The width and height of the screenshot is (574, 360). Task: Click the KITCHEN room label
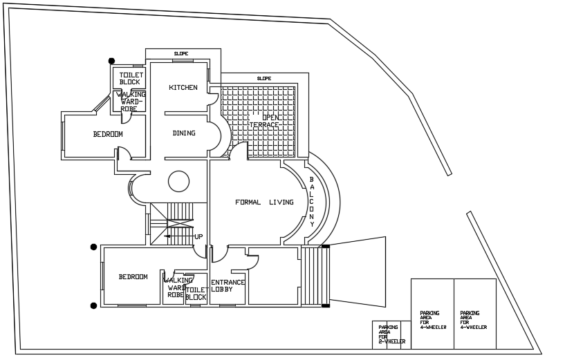pyautogui.click(x=183, y=88)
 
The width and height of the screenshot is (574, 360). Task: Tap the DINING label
pyautogui.click(x=184, y=133)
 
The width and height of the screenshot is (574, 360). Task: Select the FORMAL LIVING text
pyautogui.click(x=264, y=202)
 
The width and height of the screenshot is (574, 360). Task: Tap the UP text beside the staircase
pyautogui.click(x=198, y=237)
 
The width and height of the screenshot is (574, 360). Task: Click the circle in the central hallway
pyautogui.click(x=178, y=181)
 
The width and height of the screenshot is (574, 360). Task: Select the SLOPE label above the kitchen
pyautogui.click(x=181, y=53)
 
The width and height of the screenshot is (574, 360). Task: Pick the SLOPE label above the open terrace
pyautogui.click(x=264, y=78)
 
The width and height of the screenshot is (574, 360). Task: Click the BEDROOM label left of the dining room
pyautogui.click(x=108, y=134)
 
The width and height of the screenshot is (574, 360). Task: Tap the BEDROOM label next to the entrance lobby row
pyautogui.click(x=133, y=277)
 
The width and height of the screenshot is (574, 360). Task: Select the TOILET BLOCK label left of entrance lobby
pyautogui.click(x=196, y=294)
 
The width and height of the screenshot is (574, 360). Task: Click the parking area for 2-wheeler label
pyautogui.click(x=391, y=334)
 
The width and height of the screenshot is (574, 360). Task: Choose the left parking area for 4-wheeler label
pyautogui.click(x=432, y=320)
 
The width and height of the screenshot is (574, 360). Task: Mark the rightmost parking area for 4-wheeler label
pyautogui.click(x=473, y=320)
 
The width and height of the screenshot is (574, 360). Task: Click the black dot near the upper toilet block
pyautogui.click(x=111, y=61)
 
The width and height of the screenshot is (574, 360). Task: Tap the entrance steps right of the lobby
pyautogui.click(x=315, y=276)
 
